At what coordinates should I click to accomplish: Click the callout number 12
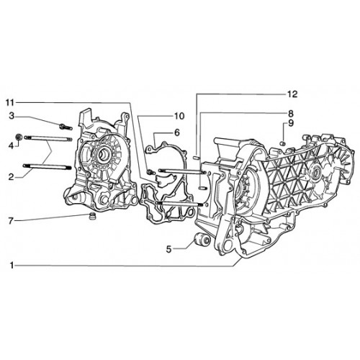coord(292,94)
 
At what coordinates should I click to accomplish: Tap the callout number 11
coord(11,103)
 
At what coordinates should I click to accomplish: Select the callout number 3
coord(12,116)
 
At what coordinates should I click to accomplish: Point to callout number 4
coord(12,145)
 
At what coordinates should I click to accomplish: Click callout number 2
coord(12,177)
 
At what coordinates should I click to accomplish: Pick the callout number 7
coord(11,221)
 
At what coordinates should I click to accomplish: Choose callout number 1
coord(12,266)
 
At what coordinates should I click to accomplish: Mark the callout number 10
coord(179,116)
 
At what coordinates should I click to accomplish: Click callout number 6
coord(177,132)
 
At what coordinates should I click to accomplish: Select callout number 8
coord(291,113)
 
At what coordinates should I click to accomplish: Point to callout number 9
coord(291,124)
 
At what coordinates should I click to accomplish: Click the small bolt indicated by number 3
coord(66,126)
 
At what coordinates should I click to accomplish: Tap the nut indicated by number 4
coord(19,137)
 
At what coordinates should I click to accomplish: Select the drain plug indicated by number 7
coord(92,215)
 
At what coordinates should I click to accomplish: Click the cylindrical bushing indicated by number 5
coord(202,239)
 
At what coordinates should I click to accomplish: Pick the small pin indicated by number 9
coord(283,143)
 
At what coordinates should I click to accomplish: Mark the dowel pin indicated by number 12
coord(197,158)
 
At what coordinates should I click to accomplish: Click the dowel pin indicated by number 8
coord(202,188)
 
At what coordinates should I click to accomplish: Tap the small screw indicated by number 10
coord(150,171)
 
